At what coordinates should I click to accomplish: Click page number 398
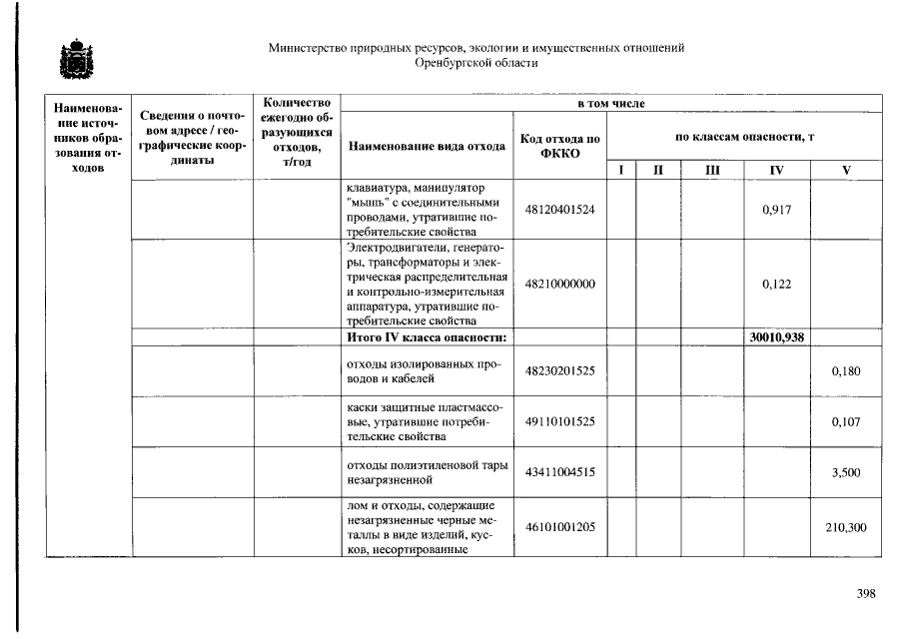(x=865, y=595)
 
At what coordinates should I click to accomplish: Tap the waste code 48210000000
(x=559, y=285)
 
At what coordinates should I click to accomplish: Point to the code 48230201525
(x=559, y=371)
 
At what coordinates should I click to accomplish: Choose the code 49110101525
(x=559, y=422)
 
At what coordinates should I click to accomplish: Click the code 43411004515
(x=559, y=473)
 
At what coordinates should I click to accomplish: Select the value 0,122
(x=776, y=285)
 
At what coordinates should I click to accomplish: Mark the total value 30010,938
(x=776, y=337)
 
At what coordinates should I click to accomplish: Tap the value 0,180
(x=845, y=371)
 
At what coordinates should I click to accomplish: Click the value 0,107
(x=845, y=422)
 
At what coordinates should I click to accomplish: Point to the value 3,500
(x=845, y=473)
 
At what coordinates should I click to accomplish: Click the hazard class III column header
(x=711, y=171)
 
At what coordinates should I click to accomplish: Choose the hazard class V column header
(x=845, y=171)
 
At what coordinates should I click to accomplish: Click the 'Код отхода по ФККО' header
(x=559, y=146)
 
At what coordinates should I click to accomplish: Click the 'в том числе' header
(x=611, y=104)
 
